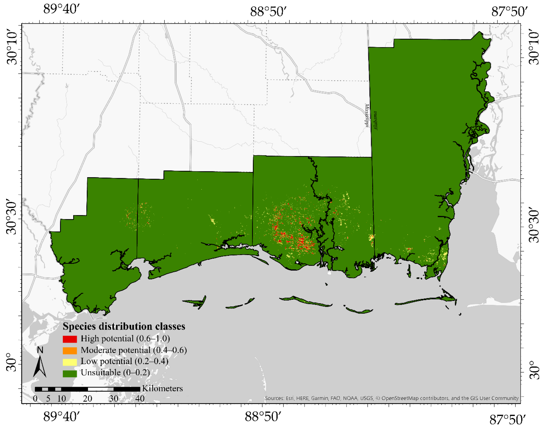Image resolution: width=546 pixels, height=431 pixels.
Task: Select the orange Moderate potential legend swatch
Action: click(70, 351)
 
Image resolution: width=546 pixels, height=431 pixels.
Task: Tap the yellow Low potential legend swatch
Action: click(70, 362)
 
